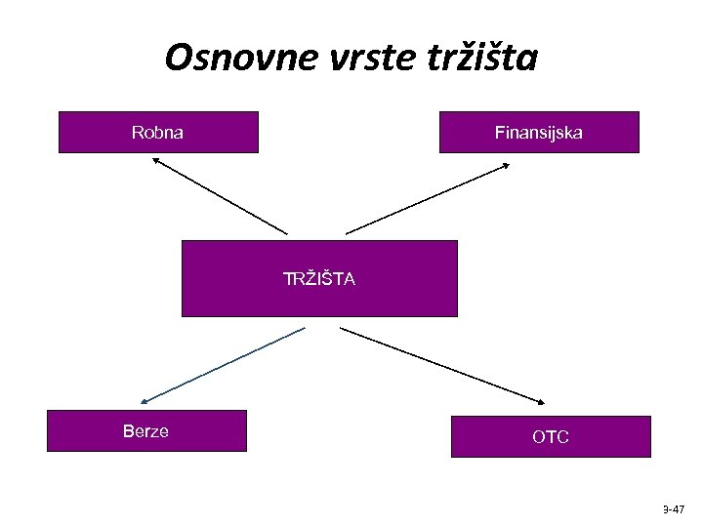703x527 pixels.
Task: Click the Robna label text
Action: point(157,132)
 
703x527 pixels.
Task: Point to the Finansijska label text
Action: point(539,132)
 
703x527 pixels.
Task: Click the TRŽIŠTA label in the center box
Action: point(319,279)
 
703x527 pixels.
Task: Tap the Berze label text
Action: point(145,431)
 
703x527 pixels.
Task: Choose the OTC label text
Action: point(551,437)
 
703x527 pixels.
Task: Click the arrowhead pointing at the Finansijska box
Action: point(505,166)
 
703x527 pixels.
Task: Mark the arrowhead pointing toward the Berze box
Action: point(145,400)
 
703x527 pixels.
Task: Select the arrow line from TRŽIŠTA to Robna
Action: point(221,197)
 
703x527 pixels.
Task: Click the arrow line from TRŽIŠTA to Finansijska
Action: point(426,200)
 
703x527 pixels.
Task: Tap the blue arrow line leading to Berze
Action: point(225,364)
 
